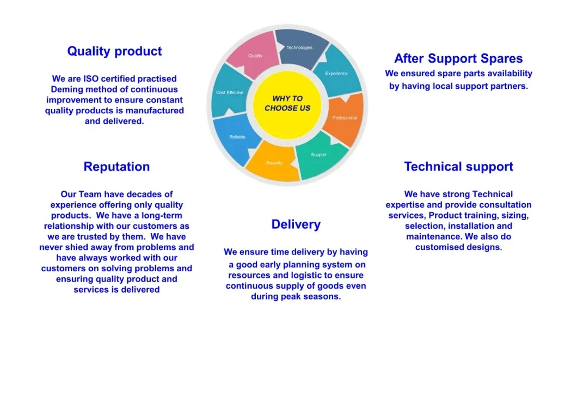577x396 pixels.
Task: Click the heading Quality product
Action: pyautogui.click(x=114, y=51)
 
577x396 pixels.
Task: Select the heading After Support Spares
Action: pyautogui.click(x=458, y=58)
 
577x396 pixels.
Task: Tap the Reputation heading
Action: pyautogui.click(x=116, y=167)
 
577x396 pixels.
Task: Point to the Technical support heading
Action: pyautogui.click(x=458, y=167)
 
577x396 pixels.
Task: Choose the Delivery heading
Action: pyautogui.click(x=296, y=224)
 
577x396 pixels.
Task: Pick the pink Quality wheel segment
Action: pyautogui.click(x=254, y=53)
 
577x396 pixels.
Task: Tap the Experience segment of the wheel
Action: pyautogui.click(x=339, y=72)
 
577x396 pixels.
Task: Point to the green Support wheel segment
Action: pyautogui.click(x=320, y=155)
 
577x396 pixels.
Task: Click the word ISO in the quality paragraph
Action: pyautogui.click(x=91, y=79)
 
